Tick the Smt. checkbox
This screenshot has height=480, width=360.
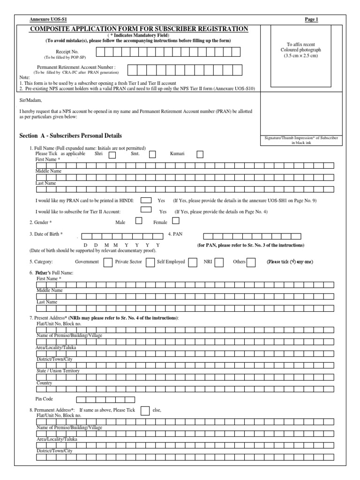coord(153,154)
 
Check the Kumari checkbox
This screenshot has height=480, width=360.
coord(200,154)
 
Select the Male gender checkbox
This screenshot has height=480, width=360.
coord(139,221)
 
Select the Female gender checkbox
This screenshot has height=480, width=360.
coord(172,221)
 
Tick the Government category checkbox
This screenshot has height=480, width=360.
coord(107,262)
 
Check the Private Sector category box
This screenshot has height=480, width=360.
coord(150,262)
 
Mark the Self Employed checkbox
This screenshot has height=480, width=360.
coord(193,262)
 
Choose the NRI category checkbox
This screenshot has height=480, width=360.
coord(219,262)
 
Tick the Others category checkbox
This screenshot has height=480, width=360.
coord(251,262)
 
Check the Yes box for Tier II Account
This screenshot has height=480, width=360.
coord(146,210)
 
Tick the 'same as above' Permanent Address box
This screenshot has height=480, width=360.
coord(145,411)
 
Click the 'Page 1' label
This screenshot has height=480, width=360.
coord(311,19)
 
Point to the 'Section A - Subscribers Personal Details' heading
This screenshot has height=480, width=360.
coord(70,136)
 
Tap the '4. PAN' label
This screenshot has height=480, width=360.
coord(174,233)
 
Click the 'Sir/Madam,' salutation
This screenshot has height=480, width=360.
coord(30,100)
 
